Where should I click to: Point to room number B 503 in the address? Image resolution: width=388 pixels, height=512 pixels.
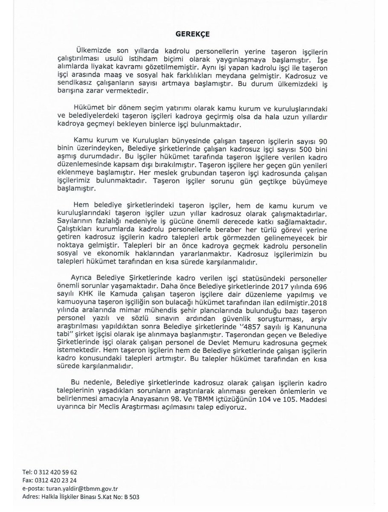130,497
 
